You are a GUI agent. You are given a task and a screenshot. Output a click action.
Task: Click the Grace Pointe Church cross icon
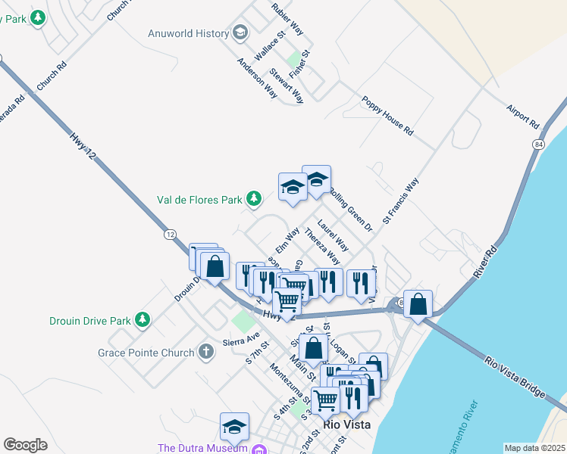[205, 352]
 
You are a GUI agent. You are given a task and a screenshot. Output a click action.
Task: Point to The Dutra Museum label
[202, 448]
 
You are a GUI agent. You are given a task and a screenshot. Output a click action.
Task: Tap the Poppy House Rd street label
[387, 116]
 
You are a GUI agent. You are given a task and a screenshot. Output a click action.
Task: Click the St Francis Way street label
[400, 201]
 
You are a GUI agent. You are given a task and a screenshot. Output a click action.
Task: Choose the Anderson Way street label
[257, 78]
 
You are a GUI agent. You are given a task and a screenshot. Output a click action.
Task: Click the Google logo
[25, 445]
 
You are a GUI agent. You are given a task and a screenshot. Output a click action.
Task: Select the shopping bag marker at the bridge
[418, 304]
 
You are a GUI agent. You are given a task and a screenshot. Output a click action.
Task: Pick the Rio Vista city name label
[347, 424]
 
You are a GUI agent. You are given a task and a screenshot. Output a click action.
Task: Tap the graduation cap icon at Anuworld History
[240, 33]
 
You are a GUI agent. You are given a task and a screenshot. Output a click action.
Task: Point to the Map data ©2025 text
[534, 448]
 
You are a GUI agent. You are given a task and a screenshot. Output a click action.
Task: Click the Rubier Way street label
[287, 19]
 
